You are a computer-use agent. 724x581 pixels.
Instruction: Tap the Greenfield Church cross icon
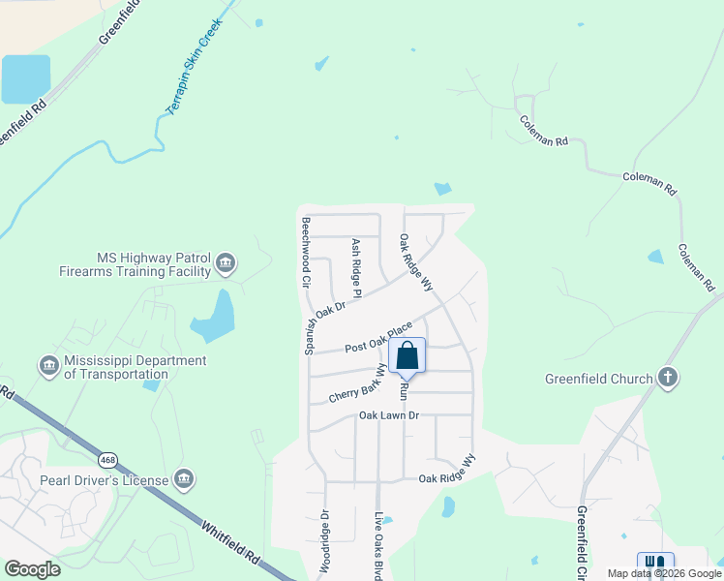[667, 378]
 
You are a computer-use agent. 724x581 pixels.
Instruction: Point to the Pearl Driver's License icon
[184, 478]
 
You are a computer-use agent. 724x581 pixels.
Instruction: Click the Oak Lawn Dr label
[388, 415]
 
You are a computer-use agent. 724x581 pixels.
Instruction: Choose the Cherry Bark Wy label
[357, 385]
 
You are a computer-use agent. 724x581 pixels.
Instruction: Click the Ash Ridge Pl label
[355, 267]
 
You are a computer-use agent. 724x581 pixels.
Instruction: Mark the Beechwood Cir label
[306, 254]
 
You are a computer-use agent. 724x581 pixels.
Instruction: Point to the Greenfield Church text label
[599, 379]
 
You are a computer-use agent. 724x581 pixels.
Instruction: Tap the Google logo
[32, 568]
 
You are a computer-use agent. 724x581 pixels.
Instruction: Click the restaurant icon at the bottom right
[655, 563]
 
